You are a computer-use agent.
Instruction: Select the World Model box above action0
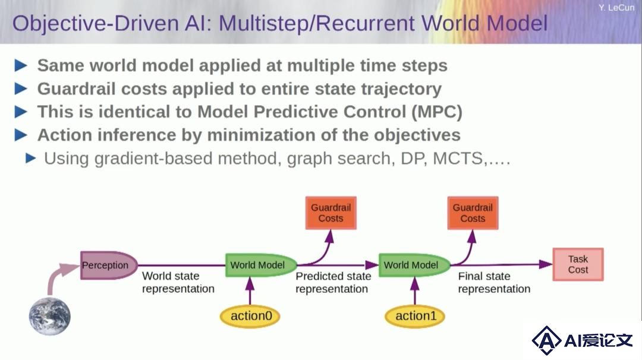click(x=261, y=265)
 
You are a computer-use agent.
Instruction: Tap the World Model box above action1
click(x=414, y=265)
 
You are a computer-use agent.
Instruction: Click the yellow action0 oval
click(x=250, y=316)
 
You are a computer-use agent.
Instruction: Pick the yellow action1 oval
click(x=415, y=316)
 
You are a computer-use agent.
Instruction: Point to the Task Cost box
click(x=578, y=264)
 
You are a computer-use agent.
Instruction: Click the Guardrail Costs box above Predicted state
click(x=331, y=213)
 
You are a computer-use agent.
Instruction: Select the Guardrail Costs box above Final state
click(x=473, y=213)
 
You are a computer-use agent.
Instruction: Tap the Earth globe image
click(x=49, y=316)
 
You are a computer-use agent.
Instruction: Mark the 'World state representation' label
click(x=178, y=282)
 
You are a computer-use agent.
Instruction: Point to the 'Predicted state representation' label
click(x=333, y=282)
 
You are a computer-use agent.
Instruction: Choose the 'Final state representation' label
click(x=494, y=282)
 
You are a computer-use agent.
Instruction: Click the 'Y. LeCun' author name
click(x=616, y=7)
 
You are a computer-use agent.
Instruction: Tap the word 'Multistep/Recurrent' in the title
click(x=316, y=23)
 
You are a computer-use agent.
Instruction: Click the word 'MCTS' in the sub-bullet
click(x=458, y=159)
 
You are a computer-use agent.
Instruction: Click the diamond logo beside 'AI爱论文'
click(x=546, y=340)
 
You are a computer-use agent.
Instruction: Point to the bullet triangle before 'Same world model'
click(x=21, y=65)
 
